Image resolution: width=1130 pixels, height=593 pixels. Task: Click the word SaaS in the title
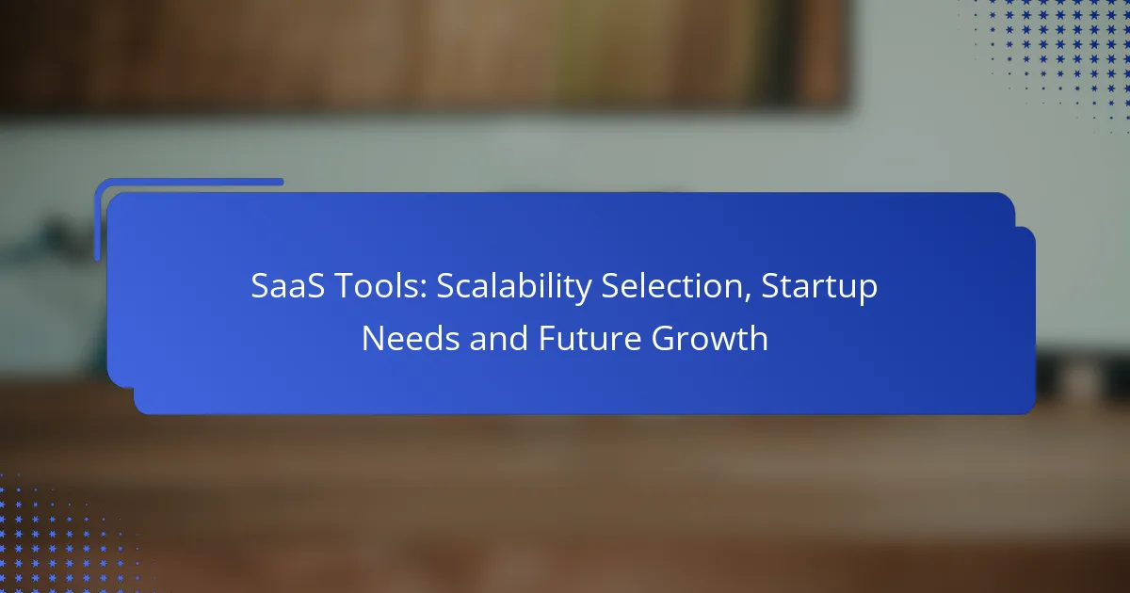287,286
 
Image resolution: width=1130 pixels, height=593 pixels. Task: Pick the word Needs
411,338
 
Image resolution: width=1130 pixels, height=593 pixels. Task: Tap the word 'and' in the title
498,338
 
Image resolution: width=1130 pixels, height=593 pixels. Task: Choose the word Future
589,338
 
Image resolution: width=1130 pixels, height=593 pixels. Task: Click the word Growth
709,338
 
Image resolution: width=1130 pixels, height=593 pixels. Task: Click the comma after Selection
748,298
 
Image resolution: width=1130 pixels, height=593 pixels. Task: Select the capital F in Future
547,338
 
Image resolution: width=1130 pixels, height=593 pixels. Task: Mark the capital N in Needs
373,338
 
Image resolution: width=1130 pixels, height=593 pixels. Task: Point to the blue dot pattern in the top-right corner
1055,59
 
